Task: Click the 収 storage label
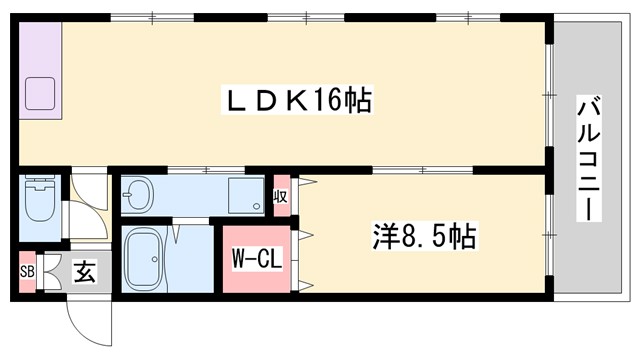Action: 281,196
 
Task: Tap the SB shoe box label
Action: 26,273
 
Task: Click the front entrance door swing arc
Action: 84,320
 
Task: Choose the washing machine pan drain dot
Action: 257,208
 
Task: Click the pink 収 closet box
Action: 281,196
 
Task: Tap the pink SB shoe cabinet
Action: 26,273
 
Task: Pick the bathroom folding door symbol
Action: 176,233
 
